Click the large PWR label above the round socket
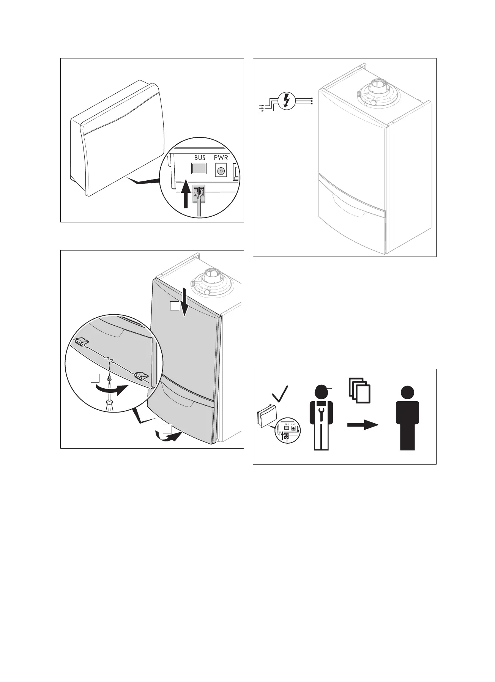pyautogui.click(x=221, y=157)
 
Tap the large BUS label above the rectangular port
pyautogui.click(x=200, y=157)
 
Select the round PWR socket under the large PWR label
pyautogui.click(x=221, y=170)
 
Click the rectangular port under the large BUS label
pyautogui.click(x=199, y=169)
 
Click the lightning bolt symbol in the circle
pyautogui.click(x=287, y=101)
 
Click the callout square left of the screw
pyautogui.click(x=95, y=378)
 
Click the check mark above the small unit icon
pyautogui.click(x=279, y=395)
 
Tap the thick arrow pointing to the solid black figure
pyautogui.click(x=363, y=425)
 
